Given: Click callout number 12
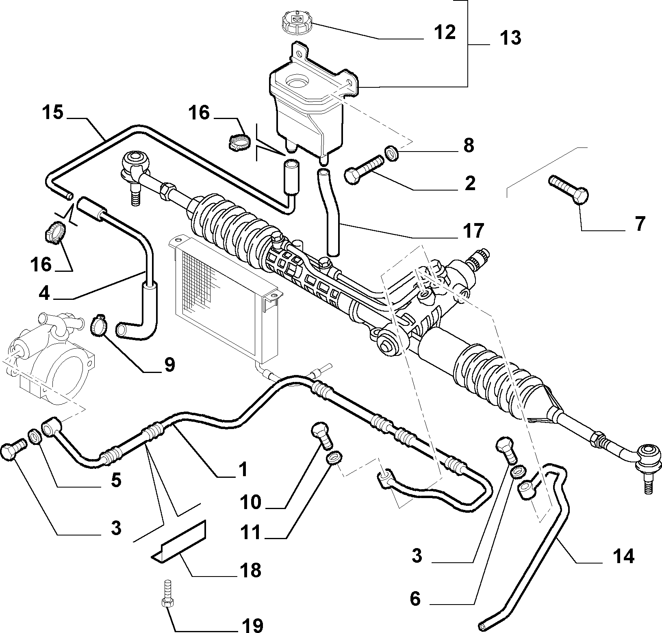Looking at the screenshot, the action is (445, 33).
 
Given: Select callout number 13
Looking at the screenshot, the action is (510, 38).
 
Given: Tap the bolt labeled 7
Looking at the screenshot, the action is (569, 192).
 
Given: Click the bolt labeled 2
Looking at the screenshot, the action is (363, 171).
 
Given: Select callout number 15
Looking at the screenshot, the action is (53, 113).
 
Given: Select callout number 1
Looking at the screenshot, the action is (243, 470).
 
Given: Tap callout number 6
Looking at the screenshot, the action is (415, 598).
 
